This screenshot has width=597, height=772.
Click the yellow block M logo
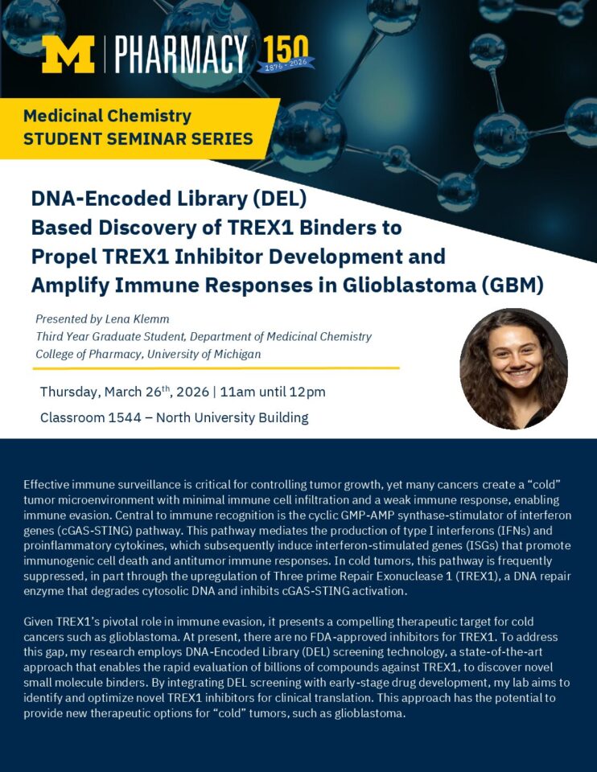(68, 54)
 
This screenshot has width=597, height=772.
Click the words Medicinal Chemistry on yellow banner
(107, 116)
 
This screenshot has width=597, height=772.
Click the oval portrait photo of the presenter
(513, 369)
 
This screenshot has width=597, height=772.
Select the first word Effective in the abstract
(49, 484)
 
